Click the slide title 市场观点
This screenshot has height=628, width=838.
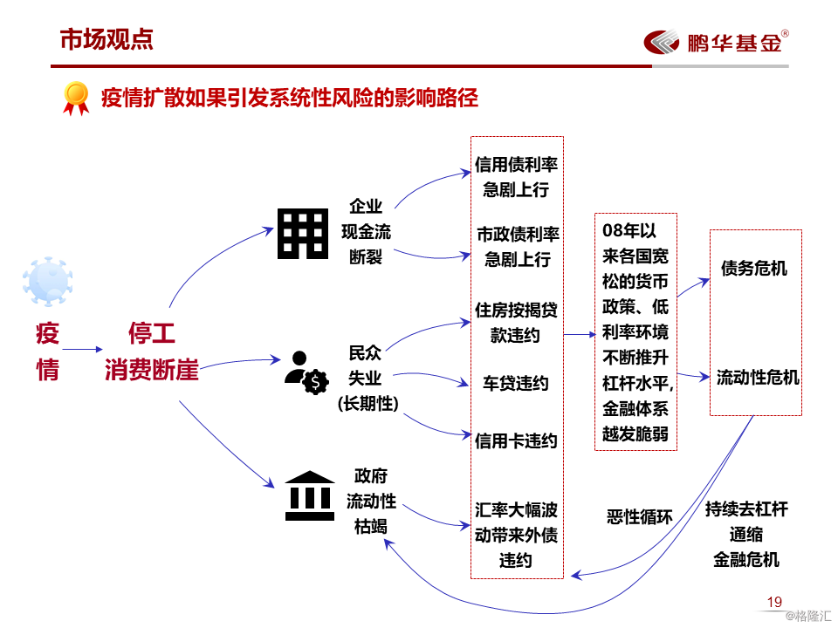(106, 38)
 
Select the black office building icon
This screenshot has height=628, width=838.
(303, 233)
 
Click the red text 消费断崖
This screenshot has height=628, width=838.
(152, 371)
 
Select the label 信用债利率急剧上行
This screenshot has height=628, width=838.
(516, 177)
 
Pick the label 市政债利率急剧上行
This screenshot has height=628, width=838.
(517, 247)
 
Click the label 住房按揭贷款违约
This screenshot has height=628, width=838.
(516, 323)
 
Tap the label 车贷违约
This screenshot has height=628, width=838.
(516, 383)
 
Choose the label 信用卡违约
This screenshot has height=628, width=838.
(516, 440)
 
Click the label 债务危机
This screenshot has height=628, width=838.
(754, 268)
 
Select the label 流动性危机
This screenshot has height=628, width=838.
(757, 378)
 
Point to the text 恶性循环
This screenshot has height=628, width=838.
(640, 516)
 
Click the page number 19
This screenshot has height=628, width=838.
(774, 602)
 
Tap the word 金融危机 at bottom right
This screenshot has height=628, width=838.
(746, 559)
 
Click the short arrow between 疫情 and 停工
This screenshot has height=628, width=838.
(83, 350)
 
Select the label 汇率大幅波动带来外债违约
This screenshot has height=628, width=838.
(516, 535)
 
